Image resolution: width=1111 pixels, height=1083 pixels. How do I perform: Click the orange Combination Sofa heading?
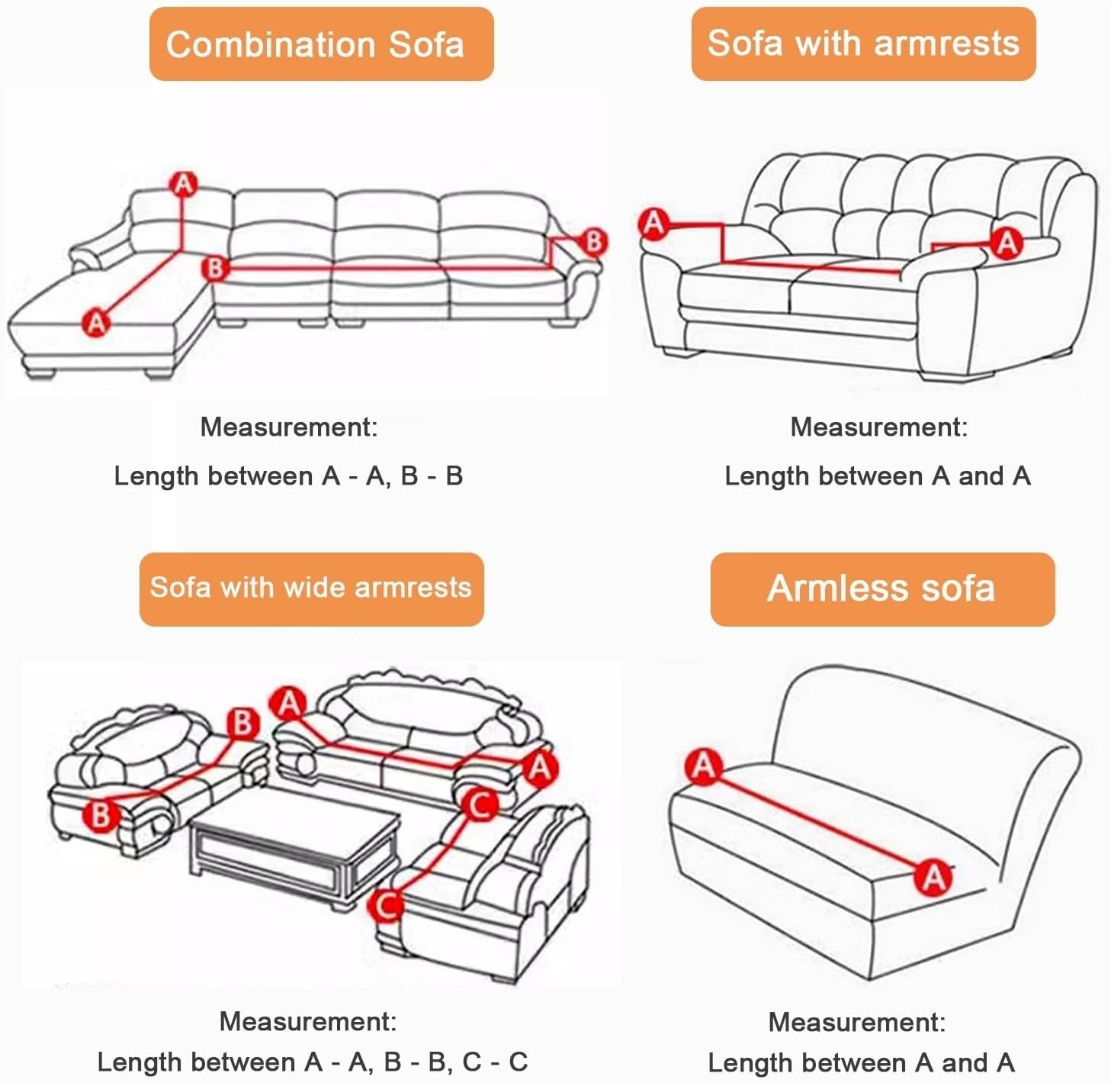click(x=321, y=44)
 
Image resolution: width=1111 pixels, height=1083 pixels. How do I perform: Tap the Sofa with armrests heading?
click(x=863, y=43)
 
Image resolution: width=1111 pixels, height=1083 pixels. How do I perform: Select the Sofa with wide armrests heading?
click(x=311, y=588)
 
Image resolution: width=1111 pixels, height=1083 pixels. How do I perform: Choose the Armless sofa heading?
click(x=881, y=588)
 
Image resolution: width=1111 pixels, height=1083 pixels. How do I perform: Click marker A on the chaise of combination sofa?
click(x=96, y=322)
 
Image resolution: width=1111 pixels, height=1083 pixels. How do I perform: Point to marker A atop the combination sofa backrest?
click(x=183, y=184)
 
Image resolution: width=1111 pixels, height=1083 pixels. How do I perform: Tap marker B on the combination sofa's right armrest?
click(x=593, y=242)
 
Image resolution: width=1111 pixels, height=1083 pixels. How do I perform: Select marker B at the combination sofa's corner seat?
click(x=215, y=269)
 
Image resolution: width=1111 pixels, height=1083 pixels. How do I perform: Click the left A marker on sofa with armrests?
click(x=654, y=224)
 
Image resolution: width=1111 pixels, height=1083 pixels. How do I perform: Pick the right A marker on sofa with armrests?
click(x=1007, y=243)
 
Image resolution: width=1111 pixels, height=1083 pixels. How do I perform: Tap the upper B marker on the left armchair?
click(x=242, y=722)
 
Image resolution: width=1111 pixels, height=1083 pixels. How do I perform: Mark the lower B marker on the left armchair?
click(x=101, y=814)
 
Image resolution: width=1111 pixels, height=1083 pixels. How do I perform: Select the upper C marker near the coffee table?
click(x=480, y=804)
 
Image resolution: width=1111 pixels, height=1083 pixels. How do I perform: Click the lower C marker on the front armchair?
click(x=387, y=906)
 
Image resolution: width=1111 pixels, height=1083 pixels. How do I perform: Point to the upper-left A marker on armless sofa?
click(x=703, y=766)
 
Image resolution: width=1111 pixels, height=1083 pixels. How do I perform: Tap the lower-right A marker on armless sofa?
click(x=934, y=877)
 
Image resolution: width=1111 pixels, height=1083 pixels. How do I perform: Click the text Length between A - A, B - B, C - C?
click(x=312, y=1062)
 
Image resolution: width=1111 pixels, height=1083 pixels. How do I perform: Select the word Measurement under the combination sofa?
click(x=288, y=427)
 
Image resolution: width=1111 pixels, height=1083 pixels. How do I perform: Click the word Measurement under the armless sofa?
click(x=856, y=1022)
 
